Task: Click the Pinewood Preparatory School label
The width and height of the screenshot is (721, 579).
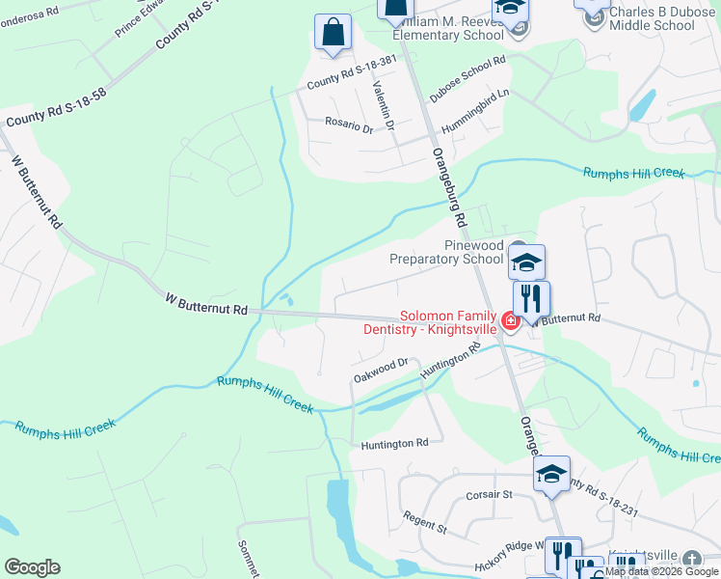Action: [446, 253]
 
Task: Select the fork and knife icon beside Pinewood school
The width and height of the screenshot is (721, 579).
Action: [531, 297]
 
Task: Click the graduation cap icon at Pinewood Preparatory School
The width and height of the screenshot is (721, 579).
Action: [526, 262]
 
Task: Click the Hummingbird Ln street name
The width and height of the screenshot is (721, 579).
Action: [475, 122]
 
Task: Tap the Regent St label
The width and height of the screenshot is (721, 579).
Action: [425, 523]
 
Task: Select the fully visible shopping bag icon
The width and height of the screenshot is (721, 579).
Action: [333, 32]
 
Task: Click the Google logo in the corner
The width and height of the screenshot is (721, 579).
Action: [32, 567]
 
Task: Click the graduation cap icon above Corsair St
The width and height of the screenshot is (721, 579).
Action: [552, 475]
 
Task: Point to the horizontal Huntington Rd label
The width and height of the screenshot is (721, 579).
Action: [394, 444]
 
